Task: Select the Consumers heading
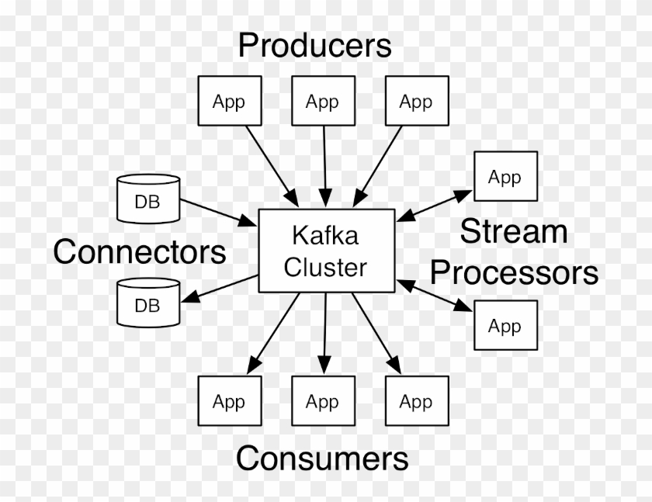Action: pyautogui.click(x=322, y=458)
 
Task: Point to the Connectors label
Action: pyautogui.click(x=140, y=251)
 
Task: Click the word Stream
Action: pyautogui.click(x=513, y=231)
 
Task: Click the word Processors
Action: pyautogui.click(x=514, y=272)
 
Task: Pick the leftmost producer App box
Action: pyautogui.click(x=229, y=101)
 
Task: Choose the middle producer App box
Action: pyautogui.click(x=322, y=101)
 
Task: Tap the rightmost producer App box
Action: pyautogui.click(x=416, y=101)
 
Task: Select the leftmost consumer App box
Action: pyautogui.click(x=229, y=401)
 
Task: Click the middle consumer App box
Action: pyautogui.click(x=322, y=401)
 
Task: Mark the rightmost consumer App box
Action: pyautogui.click(x=416, y=401)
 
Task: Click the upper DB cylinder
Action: pyautogui.click(x=147, y=199)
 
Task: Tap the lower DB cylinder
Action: pyautogui.click(x=147, y=303)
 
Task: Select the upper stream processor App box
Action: pyautogui.click(x=505, y=177)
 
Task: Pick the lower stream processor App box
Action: pyautogui.click(x=505, y=325)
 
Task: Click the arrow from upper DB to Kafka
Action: pyautogui.click(x=219, y=212)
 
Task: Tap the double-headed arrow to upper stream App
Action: pyautogui.click(x=435, y=206)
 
